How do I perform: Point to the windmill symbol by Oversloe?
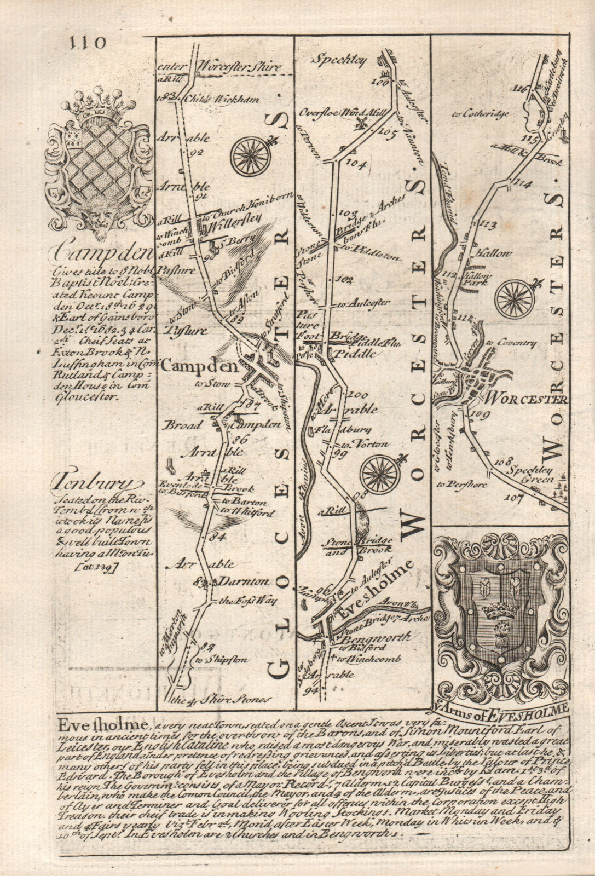pos(360,124)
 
